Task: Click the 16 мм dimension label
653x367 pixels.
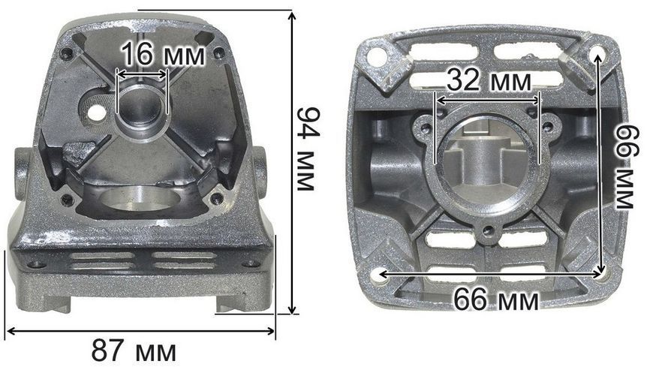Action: point(164,55)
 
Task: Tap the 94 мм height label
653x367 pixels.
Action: point(308,149)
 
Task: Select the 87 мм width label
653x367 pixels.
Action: point(134,350)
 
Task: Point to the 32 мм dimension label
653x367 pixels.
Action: point(489,80)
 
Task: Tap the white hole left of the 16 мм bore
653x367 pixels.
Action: point(97,113)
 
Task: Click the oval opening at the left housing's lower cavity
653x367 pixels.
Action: point(140,198)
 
